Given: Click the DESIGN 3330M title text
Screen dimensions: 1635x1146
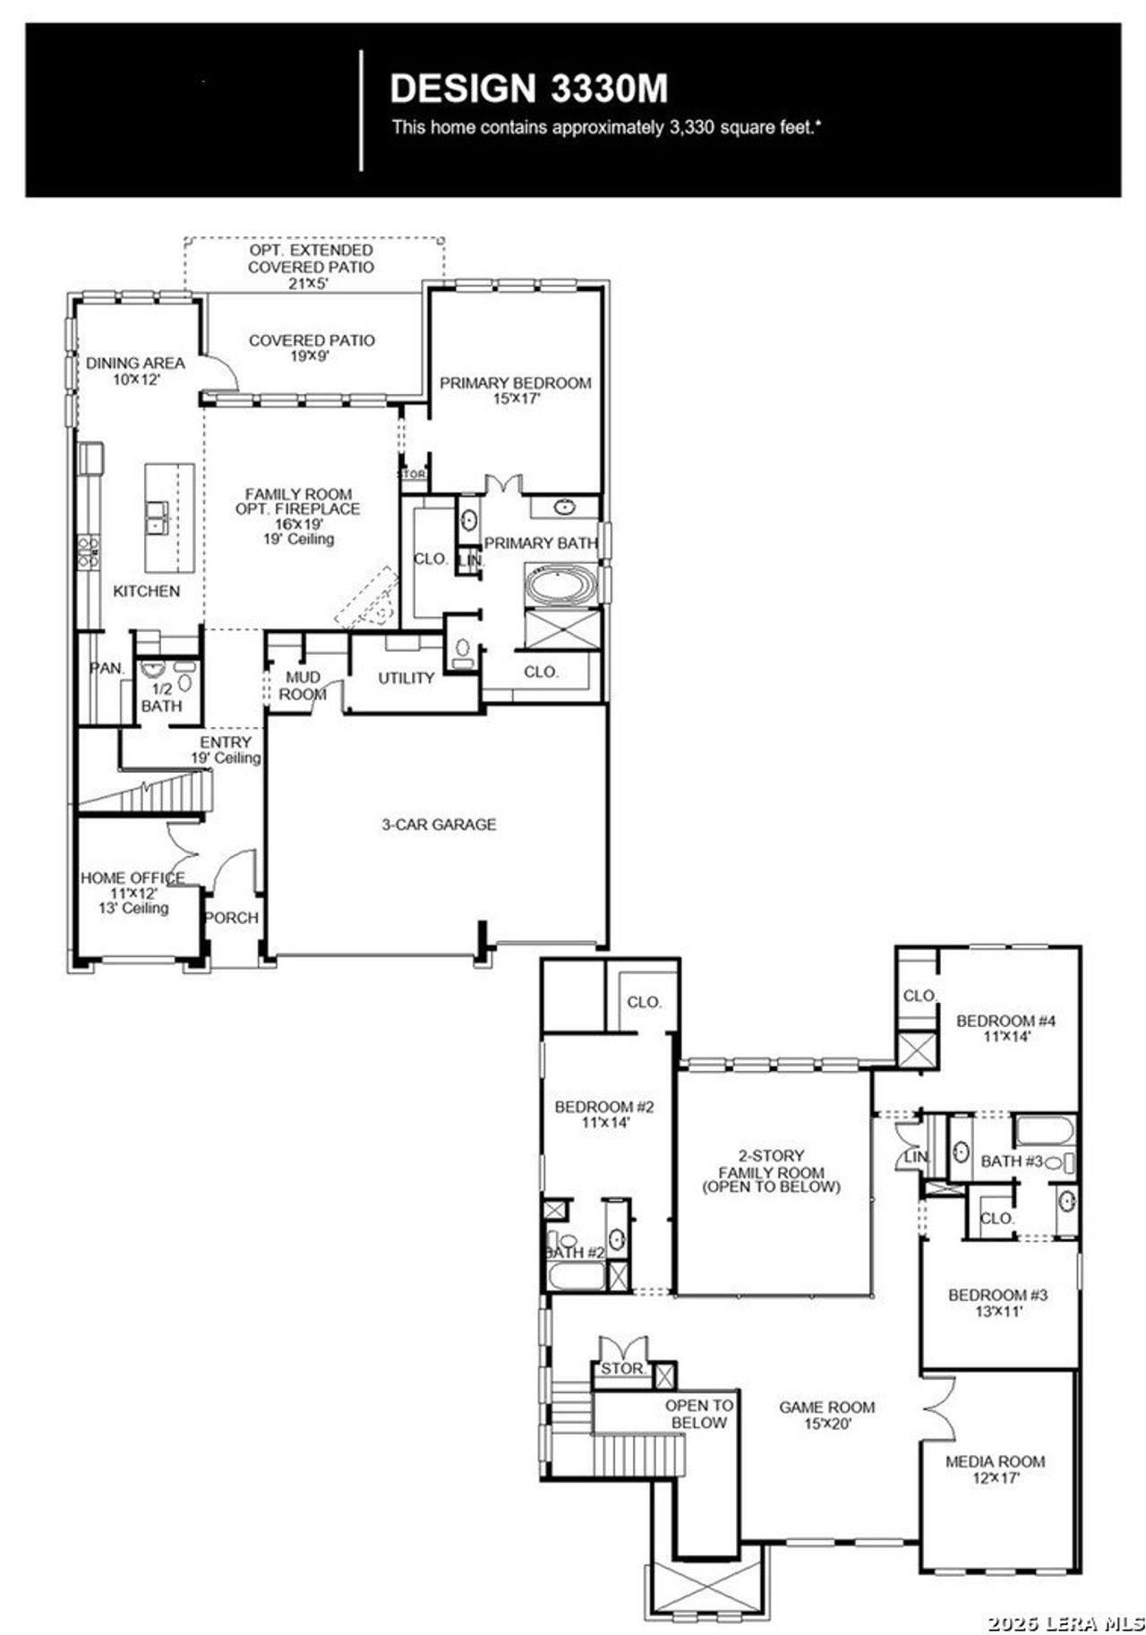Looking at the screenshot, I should pyautogui.click(x=528, y=89).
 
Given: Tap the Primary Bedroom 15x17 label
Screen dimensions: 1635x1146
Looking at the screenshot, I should pyautogui.click(x=515, y=390).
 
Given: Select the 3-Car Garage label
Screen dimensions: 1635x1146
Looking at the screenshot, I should pyautogui.click(x=439, y=825).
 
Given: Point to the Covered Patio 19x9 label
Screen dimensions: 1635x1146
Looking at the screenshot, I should pyautogui.click(x=312, y=348).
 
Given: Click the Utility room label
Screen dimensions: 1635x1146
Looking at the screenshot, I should pyautogui.click(x=406, y=679).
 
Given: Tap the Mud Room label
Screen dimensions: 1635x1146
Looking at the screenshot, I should pyautogui.click(x=303, y=686).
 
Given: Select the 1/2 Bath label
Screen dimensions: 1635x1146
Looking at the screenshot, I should pyautogui.click(x=161, y=698).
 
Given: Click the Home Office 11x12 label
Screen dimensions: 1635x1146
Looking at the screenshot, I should pyautogui.click(x=133, y=892).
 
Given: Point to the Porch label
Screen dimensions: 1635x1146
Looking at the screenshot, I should pyautogui.click(x=232, y=918).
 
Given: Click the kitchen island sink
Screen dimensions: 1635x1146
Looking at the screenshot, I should pyautogui.click(x=157, y=517).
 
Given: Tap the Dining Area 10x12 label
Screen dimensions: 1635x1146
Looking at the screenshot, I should pyautogui.click(x=135, y=371).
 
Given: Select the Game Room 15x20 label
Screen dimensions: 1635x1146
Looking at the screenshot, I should pyautogui.click(x=826, y=1415).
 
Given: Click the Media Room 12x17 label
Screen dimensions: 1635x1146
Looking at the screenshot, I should pyautogui.click(x=995, y=1469).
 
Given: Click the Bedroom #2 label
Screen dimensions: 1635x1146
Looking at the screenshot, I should pyautogui.click(x=604, y=1114).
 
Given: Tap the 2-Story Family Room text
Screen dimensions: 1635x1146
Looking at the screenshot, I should pyautogui.click(x=771, y=1171).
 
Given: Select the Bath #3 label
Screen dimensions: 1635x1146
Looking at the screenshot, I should pyautogui.click(x=1012, y=1161).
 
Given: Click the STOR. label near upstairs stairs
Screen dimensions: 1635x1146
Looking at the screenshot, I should pyautogui.click(x=622, y=1369).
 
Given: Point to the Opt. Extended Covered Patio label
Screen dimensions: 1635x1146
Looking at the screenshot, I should pyautogui.click(x=311, y=267).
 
